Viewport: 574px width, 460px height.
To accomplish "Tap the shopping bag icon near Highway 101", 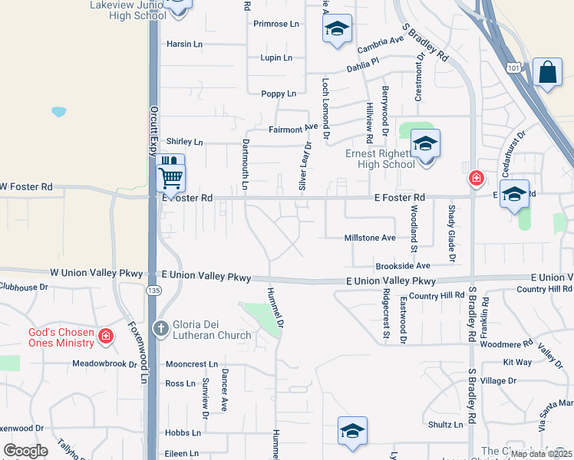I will [x=547, y=74].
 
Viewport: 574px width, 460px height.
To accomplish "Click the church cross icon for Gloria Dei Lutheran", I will [x=160, y=329].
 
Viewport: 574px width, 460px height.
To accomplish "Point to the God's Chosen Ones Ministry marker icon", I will [x=106, y=335].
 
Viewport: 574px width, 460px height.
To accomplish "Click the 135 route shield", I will [x=153, y=291].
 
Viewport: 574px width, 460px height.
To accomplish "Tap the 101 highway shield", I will [x=512, y=68].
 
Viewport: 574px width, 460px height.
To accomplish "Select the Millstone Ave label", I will [x=370, y=238].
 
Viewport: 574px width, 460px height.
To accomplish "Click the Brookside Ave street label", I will [x=403, y=265].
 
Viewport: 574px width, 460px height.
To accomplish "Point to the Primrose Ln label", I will [x=277, y=24].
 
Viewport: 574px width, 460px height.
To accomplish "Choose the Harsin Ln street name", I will [x=184, y=44].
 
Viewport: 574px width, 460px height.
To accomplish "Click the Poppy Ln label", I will [x=278, y=94].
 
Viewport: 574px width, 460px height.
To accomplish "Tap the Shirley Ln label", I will [x=185, y=142].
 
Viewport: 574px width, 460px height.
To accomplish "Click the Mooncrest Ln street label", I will [x=192, y=364].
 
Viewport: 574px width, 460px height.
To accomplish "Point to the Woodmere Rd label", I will [x=506, y=344].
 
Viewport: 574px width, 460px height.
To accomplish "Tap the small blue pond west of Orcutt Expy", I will [x=59, y=112].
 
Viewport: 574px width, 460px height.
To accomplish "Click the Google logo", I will [x=25, y=451].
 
